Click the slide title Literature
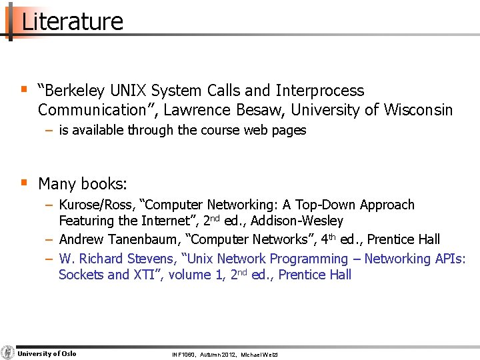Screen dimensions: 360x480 tap(72, 21)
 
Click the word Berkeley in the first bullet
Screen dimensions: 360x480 tap(80, 91)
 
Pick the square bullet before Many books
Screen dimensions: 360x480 tap(24, 181)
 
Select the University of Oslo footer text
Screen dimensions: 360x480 tap(47, 353)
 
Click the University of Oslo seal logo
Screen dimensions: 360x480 tap(8, 353)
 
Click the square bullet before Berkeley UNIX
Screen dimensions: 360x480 tap(24, 89)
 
